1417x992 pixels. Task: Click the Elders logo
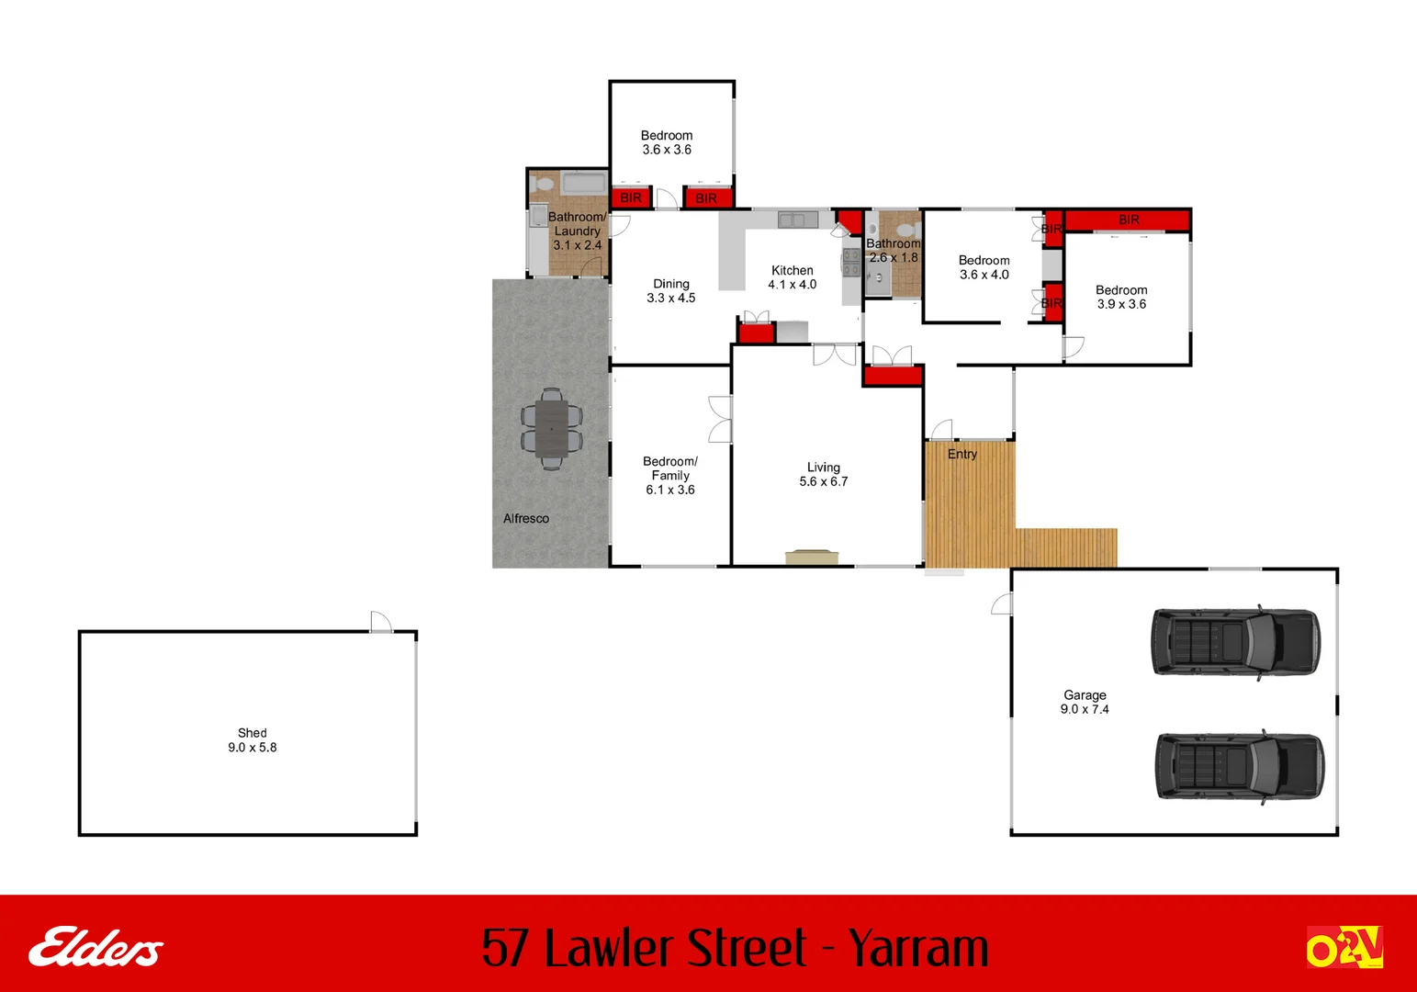(x=96, y=948)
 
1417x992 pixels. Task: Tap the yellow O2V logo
(x=1344, y=948)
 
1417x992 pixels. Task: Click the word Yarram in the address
(x=917, y=948)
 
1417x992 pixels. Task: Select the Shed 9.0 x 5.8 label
(x=253, y=740)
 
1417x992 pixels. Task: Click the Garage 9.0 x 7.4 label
(x=1085, y=703)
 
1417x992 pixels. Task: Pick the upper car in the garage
(x=1235, y=642)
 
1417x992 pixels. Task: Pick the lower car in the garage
(x=1239, y=767)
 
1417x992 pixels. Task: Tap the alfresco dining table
(x=551, y=429)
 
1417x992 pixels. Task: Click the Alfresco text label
(x=526, y=519)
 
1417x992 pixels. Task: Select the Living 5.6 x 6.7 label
(x=824, y=475)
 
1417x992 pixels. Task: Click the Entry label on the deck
(x=962, y=455)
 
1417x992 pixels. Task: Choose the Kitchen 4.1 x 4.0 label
(x=793, y=277)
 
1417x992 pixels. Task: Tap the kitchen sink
(x=797, y=220)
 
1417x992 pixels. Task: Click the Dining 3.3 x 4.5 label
(x=671, y=291)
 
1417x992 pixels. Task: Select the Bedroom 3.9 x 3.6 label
(x=1121, y=297)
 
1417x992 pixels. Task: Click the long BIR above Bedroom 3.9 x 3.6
(x=1128, y=220)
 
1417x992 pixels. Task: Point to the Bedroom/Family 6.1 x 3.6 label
(x=670, y=476)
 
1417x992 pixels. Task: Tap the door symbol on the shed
(x=381, y=622)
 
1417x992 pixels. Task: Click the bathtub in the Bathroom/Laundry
(x=584, y=183)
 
